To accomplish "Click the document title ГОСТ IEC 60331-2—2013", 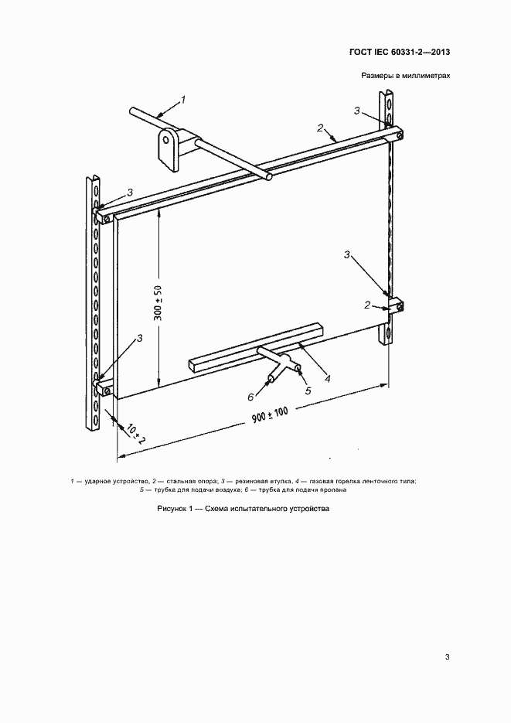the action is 400,52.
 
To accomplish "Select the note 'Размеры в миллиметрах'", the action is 406,76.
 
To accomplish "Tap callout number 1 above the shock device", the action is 183,99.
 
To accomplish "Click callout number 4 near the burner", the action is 327,379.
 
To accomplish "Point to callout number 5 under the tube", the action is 308,390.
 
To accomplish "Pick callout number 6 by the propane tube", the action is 250,396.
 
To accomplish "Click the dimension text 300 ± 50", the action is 158,302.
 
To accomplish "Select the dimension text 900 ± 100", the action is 270,415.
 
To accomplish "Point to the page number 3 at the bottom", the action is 448,657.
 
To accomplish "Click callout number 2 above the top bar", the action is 321,128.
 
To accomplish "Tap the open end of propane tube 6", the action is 272,377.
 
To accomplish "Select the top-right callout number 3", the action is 357,111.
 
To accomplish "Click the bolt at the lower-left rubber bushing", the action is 107,391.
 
